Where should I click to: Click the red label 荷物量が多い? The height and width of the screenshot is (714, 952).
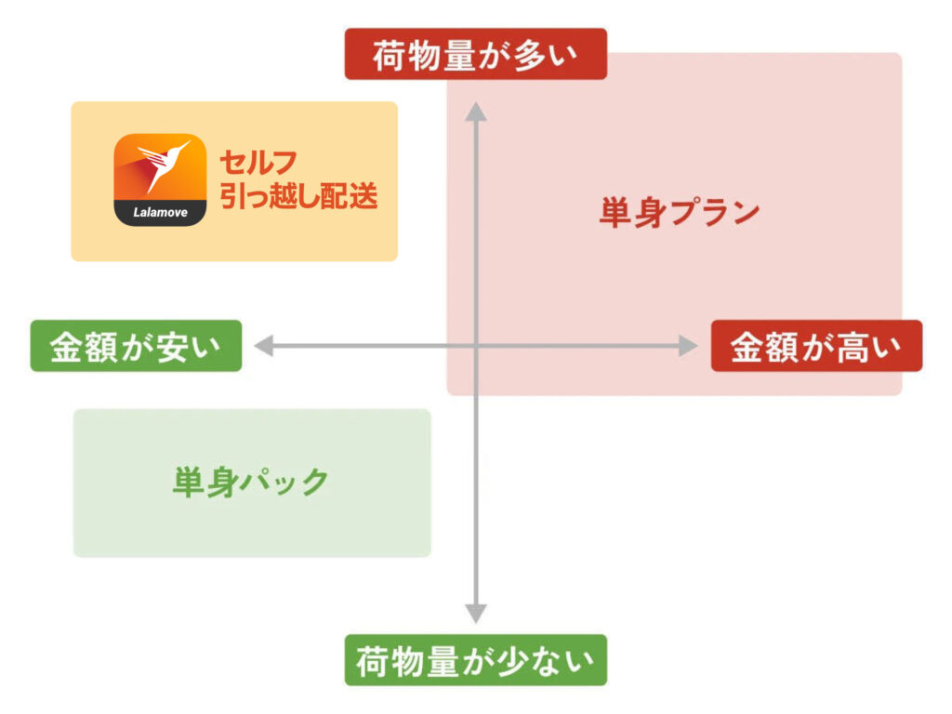tap(475, 54)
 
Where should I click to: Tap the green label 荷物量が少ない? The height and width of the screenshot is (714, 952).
tap(475, 660)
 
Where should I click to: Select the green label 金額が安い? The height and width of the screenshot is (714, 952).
tap(136, 346)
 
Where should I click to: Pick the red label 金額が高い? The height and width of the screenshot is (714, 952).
tap(815, 346)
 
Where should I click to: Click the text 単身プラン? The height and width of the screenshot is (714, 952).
tap(680, 213)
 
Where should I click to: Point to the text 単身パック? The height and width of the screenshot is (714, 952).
tap(251, 482)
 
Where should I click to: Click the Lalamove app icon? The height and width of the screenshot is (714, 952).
tap(160, 180)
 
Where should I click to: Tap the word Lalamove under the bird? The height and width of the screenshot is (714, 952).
tap(160, 213)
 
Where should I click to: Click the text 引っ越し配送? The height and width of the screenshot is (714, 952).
tap(298, 197)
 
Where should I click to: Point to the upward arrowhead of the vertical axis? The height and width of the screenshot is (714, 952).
tap(476, 112)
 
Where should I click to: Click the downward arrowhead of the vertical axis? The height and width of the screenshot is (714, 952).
tap(476, 613)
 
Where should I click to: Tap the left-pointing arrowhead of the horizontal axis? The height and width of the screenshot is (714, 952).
tap(264, 347)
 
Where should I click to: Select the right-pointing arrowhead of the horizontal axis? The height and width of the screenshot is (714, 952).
tap(687, 347)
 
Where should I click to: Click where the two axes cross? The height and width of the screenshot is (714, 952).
tap(476, 347)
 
